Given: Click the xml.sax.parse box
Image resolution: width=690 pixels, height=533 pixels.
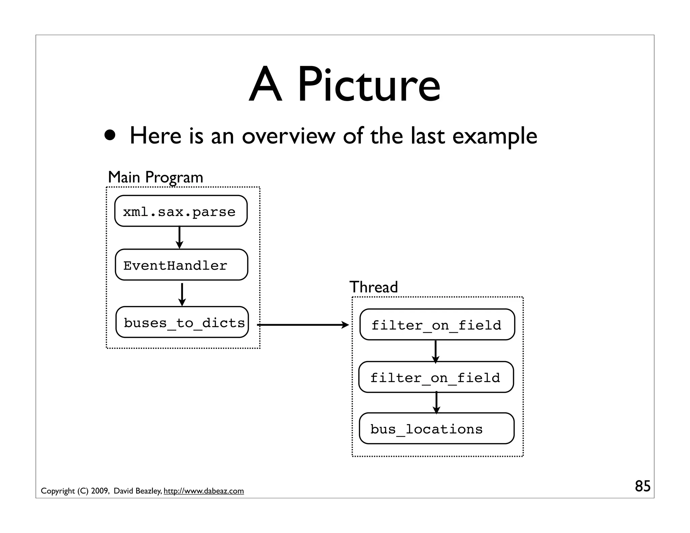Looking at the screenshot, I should [181, 211].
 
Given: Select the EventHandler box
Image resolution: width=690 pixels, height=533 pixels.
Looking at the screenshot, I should [181, 265].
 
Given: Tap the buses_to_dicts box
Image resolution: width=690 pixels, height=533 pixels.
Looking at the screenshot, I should [182, 322].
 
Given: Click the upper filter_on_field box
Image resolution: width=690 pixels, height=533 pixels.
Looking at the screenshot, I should [437, 324].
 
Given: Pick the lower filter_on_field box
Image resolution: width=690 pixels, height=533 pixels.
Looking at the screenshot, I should [436, 377].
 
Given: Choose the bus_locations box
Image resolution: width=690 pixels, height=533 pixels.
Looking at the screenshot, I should [437, 428].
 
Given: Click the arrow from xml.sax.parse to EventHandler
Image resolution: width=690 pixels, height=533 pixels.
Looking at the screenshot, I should [180, 238].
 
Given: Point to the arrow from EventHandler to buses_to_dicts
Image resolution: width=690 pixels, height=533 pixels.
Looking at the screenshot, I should [182, 294].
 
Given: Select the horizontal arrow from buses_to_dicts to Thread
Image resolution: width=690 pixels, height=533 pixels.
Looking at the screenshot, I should [303, 325].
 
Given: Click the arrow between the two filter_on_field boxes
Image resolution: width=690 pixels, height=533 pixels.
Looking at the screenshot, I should [435, 351].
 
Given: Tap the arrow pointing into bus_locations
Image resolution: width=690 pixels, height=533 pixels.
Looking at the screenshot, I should [436, 403].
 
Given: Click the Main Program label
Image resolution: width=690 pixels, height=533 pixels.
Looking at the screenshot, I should [155, 177].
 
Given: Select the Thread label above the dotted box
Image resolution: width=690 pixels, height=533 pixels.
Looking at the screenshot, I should [373, 287].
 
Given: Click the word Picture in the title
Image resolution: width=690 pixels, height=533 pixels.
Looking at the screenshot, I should [369, 85].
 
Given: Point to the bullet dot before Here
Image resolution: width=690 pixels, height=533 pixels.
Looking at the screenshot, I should [110, 135].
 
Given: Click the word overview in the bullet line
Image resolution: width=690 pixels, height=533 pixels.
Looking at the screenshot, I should [288, 136].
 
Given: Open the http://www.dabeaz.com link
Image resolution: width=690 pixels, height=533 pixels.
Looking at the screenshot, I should [203, 491].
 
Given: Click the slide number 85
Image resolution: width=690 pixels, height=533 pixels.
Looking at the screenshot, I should [642, 486].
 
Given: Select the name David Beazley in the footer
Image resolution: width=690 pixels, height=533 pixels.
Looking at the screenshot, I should [137, 491].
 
